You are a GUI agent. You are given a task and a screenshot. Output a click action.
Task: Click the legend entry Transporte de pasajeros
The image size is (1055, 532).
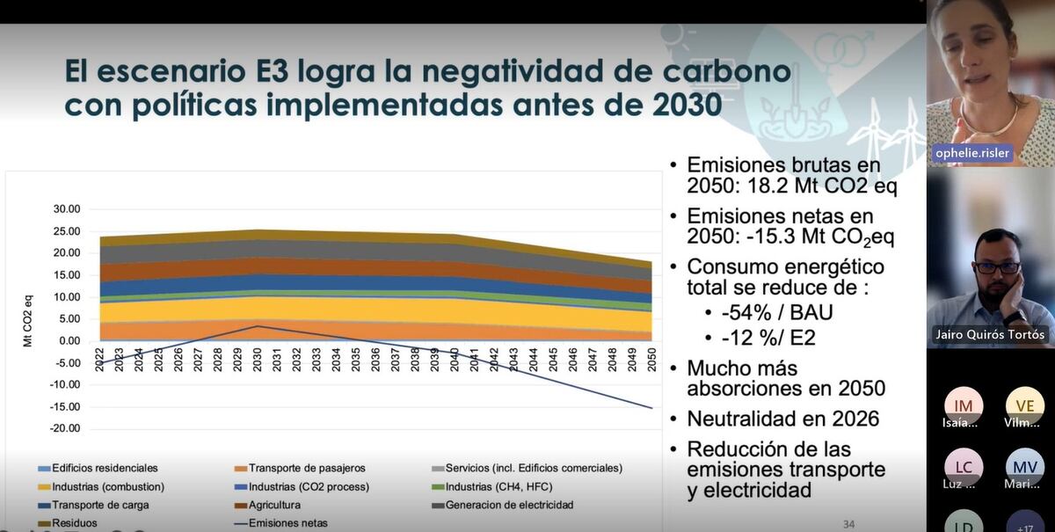tap(306, 468)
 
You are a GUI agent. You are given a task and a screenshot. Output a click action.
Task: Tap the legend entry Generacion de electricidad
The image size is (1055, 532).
tap(509, 505)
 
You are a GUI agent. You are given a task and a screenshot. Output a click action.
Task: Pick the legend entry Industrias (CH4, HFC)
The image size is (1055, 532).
tap(499, 486)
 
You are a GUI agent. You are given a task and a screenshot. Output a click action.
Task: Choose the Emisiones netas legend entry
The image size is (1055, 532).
tap(287, 523)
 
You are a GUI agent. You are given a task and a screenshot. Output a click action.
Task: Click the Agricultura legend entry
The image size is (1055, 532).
tap(274, 505)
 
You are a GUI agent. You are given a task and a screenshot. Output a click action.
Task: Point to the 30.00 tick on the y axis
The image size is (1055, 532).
tap(67, 209)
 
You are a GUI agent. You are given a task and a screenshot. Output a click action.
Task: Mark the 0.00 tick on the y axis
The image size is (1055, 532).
tap(70, 341)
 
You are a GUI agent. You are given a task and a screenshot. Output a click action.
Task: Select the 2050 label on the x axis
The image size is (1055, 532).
tap(651, 361)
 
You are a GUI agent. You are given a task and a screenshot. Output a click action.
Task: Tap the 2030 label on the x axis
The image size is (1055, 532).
tap(257, 361)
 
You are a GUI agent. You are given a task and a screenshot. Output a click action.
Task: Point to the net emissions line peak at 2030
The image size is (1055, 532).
tap(256, 326)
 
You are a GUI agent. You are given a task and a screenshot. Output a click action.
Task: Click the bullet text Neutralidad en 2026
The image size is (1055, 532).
tap(782, 419)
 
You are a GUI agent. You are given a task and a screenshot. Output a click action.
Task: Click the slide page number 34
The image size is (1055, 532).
tap(848, 524)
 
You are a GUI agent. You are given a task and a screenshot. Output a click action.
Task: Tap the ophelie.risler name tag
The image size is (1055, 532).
tap(973, 154)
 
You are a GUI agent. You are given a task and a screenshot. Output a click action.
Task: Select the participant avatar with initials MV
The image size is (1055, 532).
tap(1024, 467)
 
